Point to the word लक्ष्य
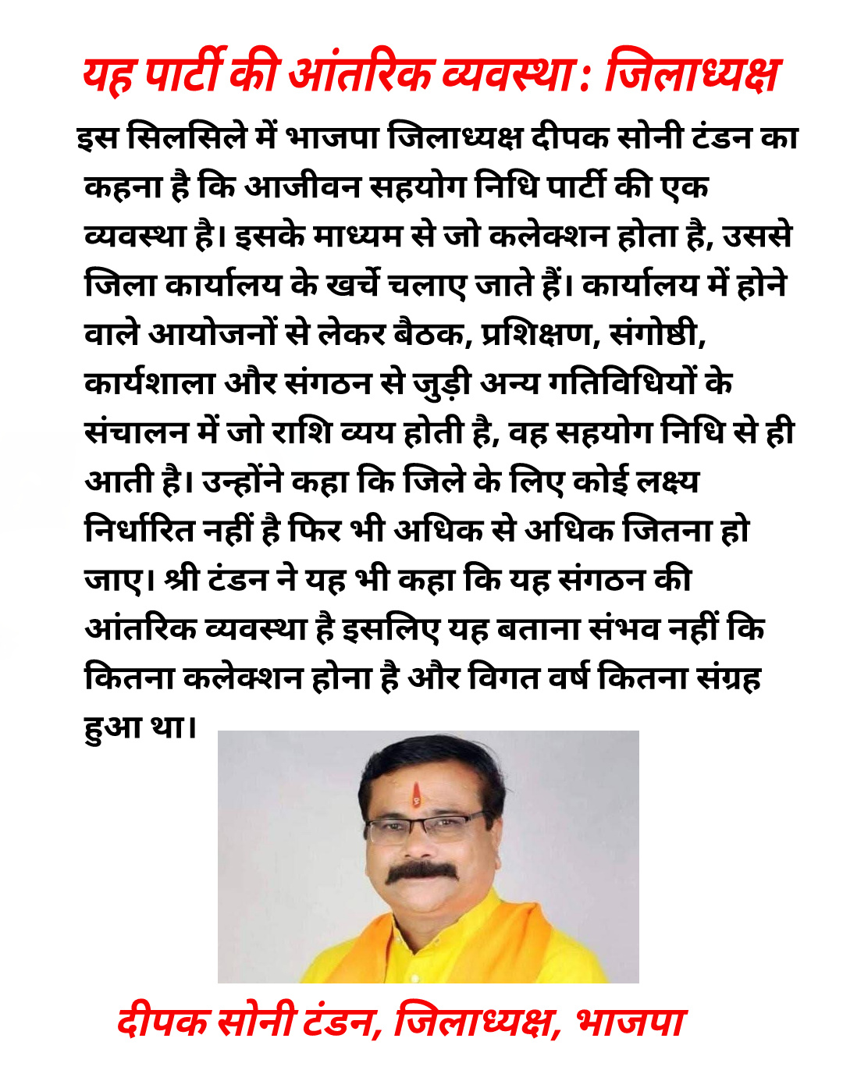[x=668, y=482]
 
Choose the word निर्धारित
[x=140, y=531]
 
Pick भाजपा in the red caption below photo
[x=631, y=1022]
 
